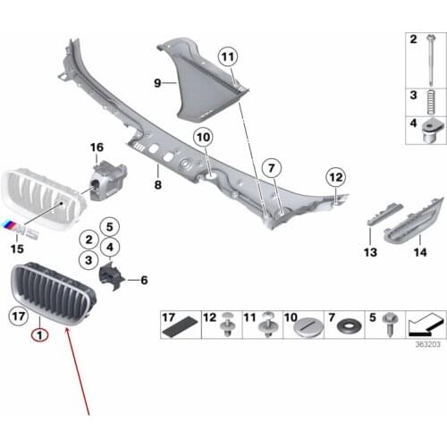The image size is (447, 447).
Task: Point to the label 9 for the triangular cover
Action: pos(156,83)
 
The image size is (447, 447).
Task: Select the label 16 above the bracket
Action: pos(96,148)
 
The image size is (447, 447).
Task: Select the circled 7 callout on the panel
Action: pos(271,167)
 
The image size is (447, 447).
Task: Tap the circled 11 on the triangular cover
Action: pos(227,56)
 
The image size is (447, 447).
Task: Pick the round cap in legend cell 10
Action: pos(303,328)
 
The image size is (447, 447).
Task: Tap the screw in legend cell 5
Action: pos(389,326)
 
